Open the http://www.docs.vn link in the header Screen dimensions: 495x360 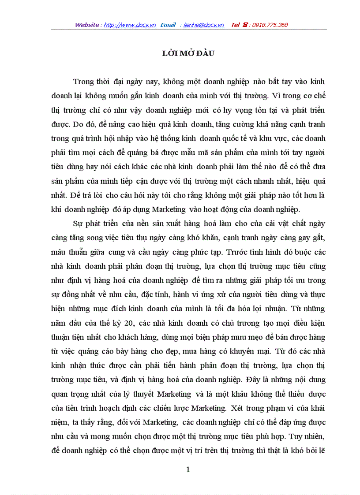(130, 25)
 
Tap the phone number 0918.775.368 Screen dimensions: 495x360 (270, 25)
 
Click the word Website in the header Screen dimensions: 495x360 (86, 25)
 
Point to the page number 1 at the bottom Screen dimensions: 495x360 (188, 469)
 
